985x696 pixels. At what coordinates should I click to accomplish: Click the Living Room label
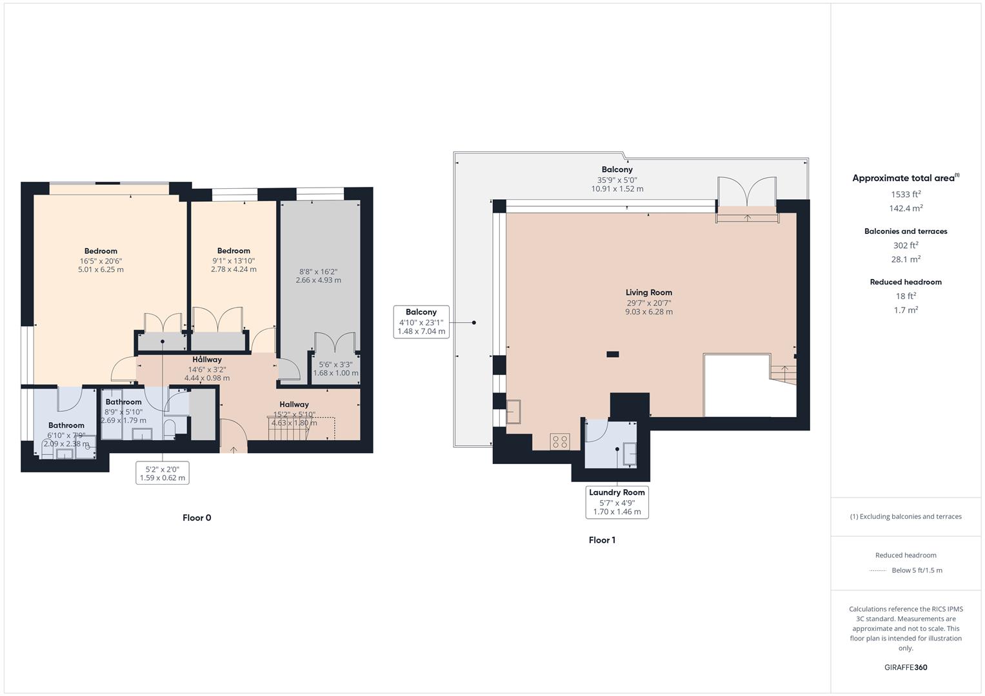pos(648,293)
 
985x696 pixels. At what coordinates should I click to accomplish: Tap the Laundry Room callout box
pos(617,501)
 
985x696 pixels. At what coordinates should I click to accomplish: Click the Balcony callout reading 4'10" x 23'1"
pos(421,322)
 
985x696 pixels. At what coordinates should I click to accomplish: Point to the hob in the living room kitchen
pos(559,441)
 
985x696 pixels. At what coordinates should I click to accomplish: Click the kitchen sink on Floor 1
pos(513,411)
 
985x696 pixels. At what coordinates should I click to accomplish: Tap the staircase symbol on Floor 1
pos(783,374)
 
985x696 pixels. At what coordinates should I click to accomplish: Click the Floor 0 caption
pos(197,517)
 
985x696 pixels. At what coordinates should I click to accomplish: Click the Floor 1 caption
pos(602,540)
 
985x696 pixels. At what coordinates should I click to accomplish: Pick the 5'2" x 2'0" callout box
pos(163,474)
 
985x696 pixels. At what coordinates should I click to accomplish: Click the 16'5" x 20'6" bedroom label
pos(101,260)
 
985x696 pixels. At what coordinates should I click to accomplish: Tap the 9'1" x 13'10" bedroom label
pos(234,260)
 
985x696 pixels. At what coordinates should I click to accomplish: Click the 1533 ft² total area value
pos(906,194)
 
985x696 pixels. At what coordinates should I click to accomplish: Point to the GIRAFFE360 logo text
pos(906,667)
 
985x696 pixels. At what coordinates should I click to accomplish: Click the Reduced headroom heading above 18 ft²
pos(906,282)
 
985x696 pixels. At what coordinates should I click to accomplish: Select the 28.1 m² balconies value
pos(906,259)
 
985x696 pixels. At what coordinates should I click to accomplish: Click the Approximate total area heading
pos(905,179)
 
